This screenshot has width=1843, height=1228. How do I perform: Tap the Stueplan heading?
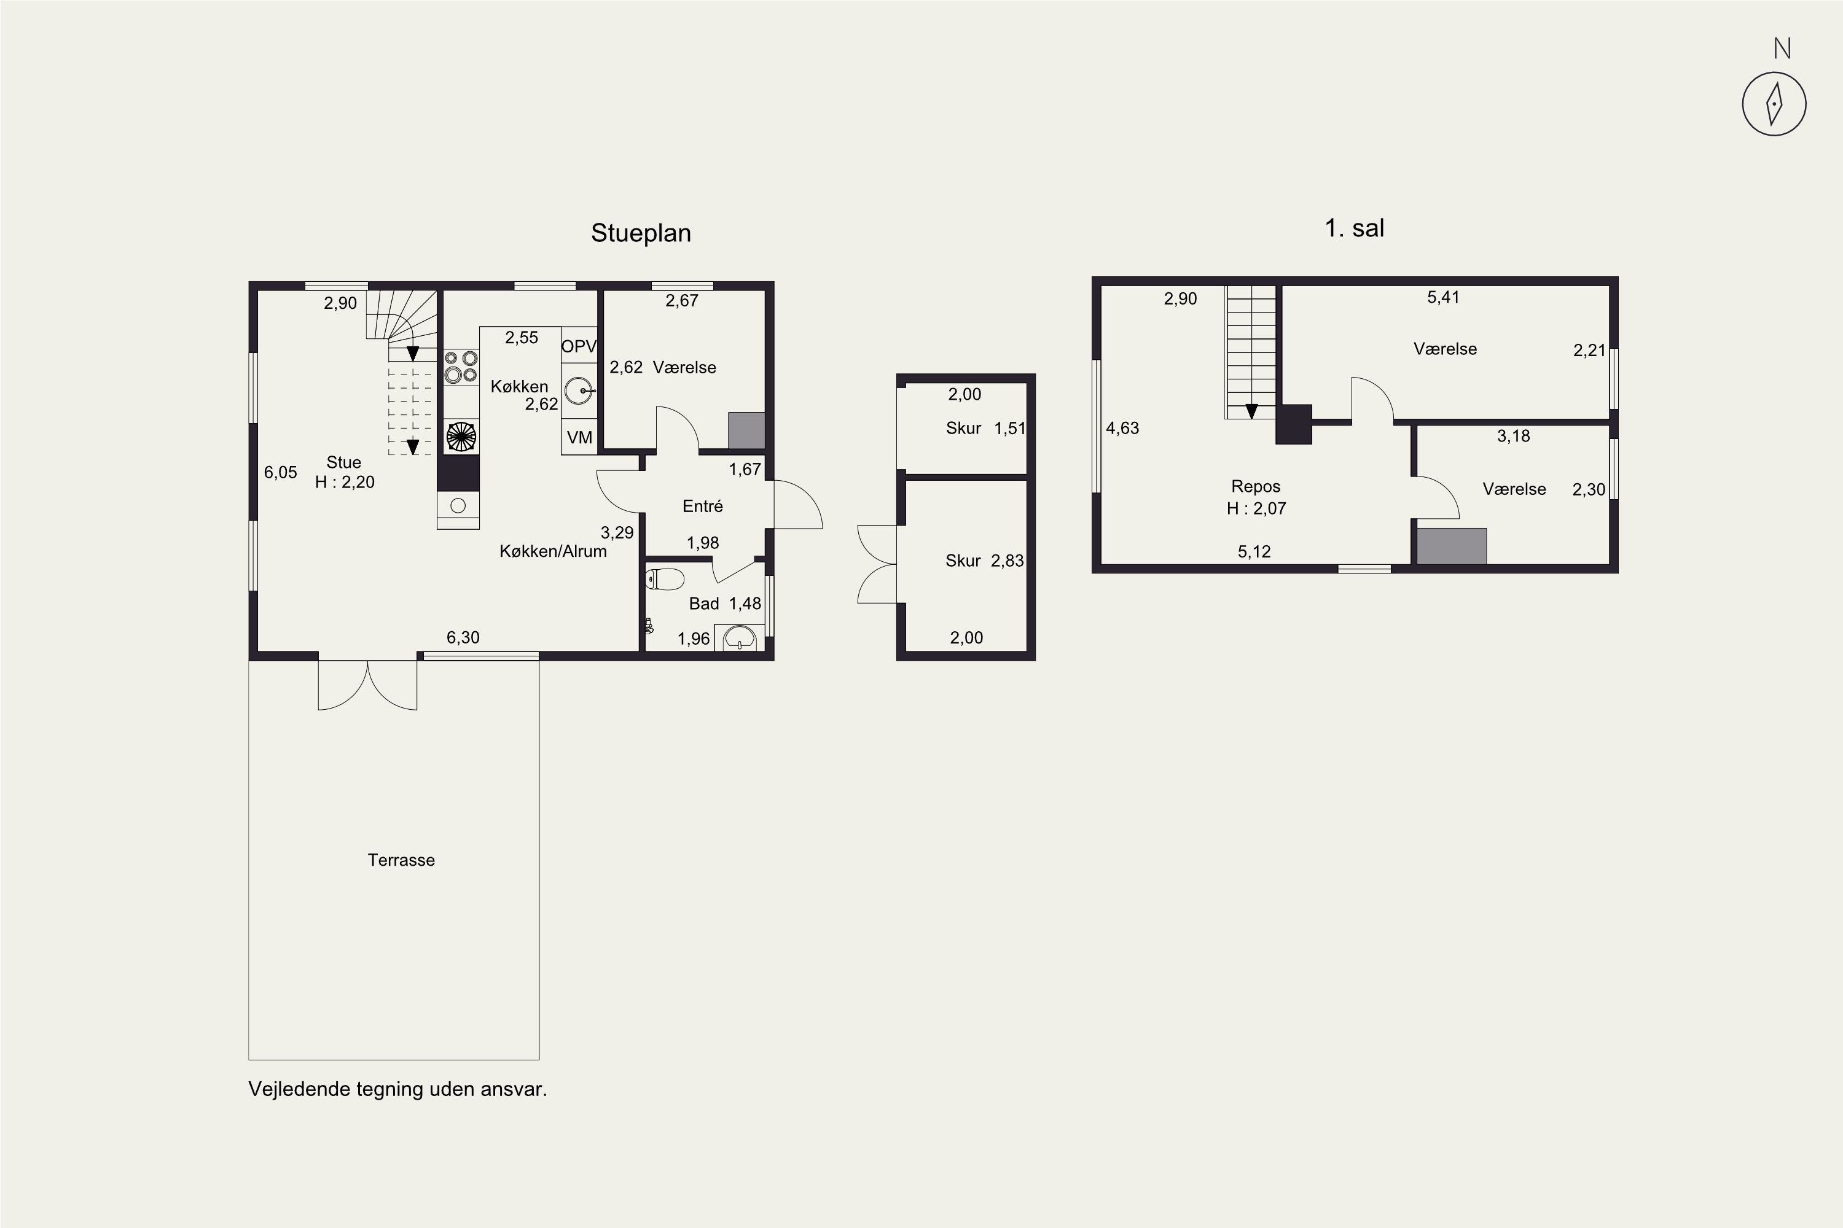(x=641, y=233)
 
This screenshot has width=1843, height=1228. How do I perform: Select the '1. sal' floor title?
(x=1354, y=228)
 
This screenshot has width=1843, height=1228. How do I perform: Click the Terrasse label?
(x=401, y=860)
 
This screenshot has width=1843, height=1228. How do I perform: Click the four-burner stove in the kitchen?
(x=461, y=367)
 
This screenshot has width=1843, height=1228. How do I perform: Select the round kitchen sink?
(x=578, y=390)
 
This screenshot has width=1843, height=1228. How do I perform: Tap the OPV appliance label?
(x=579, y=346)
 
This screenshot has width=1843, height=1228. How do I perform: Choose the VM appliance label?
(x=580, y=438)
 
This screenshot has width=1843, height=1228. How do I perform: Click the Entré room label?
(x=702, y=506)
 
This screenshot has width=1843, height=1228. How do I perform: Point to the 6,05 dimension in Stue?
(x=281, y=472)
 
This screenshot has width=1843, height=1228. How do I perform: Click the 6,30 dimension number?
(x=463, y=637)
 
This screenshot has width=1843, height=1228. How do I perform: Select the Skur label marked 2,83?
(x=963, y=561)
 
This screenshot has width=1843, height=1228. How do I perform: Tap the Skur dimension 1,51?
(x=1009, y=429)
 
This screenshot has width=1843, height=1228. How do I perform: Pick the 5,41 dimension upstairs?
(x=1443, y=297)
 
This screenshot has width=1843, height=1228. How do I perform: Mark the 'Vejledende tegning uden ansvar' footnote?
(x=397, y=1089)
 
